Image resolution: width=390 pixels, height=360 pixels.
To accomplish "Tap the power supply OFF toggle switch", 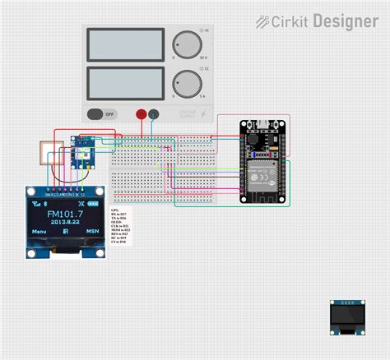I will [x=101, y=114].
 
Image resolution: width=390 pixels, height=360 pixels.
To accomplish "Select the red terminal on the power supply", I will [x=141, y=114].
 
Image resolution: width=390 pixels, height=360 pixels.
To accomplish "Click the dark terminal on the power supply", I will [x=153, y=114].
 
